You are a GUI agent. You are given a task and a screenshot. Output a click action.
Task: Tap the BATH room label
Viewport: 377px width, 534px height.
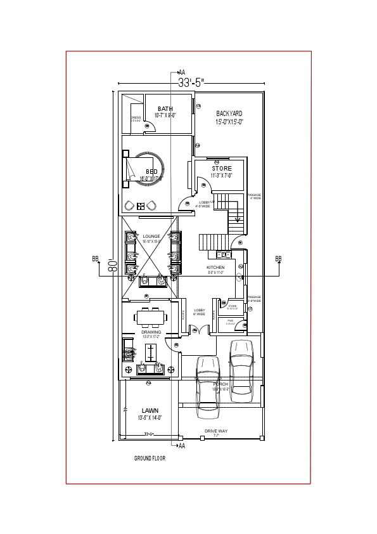click(x=165, y=108)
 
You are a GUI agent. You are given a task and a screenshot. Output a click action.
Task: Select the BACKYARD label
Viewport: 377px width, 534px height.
click(x=229, y=114)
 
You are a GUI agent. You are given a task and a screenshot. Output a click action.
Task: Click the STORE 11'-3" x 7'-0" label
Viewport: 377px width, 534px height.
click(x=222, y=168)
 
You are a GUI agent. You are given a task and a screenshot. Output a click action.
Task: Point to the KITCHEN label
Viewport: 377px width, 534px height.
click(x=215, y=268)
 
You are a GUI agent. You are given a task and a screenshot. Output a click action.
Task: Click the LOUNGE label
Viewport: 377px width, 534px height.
click(x=151, y=236)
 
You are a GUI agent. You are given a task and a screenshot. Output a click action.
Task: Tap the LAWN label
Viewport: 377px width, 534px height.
click(x=150, y=410)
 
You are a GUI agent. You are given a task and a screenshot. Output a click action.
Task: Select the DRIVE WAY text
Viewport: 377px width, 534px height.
click(x=215, y=431)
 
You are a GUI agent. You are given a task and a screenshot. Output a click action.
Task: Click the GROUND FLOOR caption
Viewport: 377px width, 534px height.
click(x=150, y=458)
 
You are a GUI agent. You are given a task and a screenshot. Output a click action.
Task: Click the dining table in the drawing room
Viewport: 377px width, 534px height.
click(x=151, y=316)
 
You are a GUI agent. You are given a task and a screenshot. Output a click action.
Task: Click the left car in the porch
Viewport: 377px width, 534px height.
click(x=207, y=387)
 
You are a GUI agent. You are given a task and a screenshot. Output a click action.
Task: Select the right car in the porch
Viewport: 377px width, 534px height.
click(x=241, y=371)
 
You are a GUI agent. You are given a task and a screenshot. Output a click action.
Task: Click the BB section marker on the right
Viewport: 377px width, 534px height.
click(x=278, y=259)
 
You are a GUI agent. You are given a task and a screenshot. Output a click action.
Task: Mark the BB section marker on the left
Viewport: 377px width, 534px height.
click(x=96, y=259)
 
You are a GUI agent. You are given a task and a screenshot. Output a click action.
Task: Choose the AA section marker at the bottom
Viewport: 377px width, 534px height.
click(x=182, y=446)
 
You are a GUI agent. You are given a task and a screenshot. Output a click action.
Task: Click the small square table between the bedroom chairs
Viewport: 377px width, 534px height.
click(x=141, y=205)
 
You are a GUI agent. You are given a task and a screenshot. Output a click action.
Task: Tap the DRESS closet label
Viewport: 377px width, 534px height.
click(x=136, y=117)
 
